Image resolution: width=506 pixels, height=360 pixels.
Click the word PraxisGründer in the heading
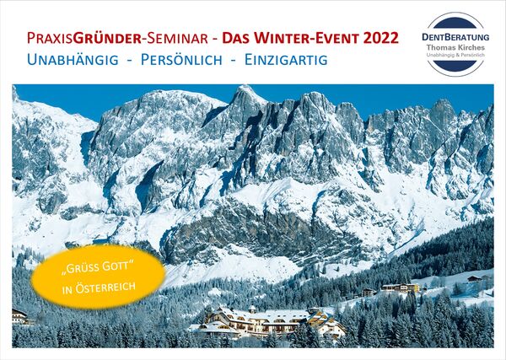point(84,39)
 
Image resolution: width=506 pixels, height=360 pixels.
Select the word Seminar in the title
point(177,39)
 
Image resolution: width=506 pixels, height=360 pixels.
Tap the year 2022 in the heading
point(381,38)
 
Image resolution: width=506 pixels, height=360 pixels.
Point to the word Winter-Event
point(306,38)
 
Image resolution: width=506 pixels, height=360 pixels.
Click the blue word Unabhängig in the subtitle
point(73,60)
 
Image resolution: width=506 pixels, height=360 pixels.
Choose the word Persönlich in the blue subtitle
point(181,60)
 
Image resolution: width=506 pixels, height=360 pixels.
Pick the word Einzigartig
point(286,60)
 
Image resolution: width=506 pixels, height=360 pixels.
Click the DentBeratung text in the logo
point(455,37)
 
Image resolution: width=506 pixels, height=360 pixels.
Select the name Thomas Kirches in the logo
point(455,47)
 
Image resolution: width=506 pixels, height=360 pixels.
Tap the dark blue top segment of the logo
point(455,24)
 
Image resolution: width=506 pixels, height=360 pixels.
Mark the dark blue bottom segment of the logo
point(455,66)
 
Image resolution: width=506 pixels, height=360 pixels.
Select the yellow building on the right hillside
point(401,287)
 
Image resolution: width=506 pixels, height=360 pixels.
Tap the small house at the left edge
point(20,316)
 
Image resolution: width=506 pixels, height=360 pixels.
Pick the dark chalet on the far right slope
point(475,279)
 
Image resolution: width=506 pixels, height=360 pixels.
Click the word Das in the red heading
point(236,39)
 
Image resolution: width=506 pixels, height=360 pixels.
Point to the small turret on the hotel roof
point(252,309)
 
